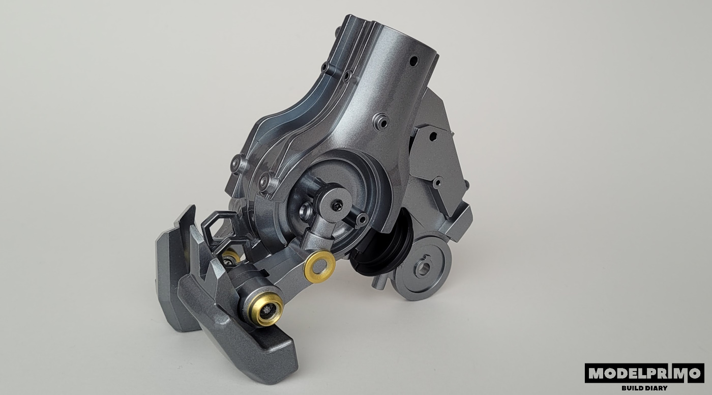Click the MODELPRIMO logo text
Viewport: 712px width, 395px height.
click(x=645, y=373)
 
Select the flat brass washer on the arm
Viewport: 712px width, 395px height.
click(x=320, y=267)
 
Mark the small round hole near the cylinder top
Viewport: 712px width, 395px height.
click(x=413, y=61)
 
